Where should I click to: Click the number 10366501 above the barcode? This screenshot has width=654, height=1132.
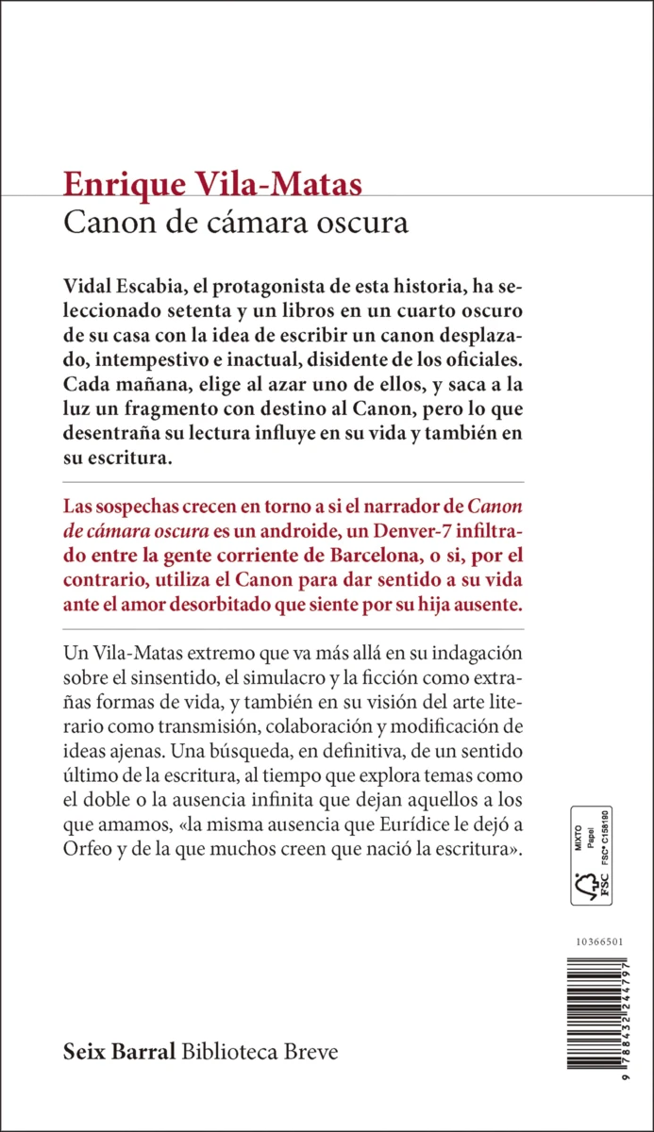(x=597, y=943)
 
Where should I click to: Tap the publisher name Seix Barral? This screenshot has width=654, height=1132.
(x=118, y=1052)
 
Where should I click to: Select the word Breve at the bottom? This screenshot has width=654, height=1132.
(x=312, y=1052)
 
